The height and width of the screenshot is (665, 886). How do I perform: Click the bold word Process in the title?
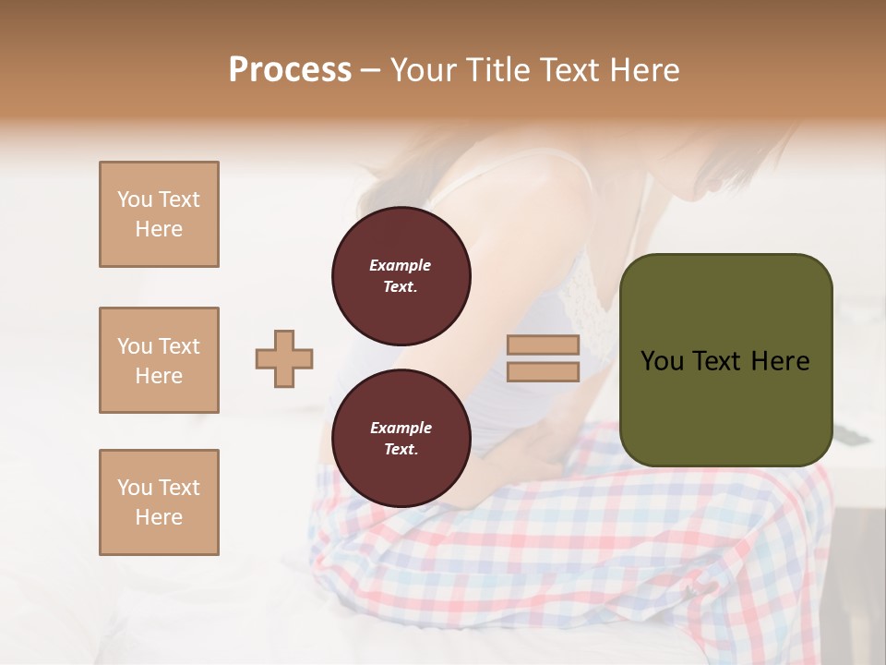[x=290, y=70]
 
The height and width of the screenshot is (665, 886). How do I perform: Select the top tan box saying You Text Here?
[x=159, y=214]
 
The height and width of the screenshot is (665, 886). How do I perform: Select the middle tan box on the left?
[x=159, y=360]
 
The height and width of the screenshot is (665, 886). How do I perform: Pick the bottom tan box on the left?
[x=159, y=502]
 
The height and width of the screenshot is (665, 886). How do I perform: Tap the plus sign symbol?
[x=284, y=358]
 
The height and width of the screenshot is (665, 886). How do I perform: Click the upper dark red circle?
[x=401, y=276]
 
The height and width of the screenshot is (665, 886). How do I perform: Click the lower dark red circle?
[x=401, y=439]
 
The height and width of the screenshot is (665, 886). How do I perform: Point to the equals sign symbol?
[x=544, y=358]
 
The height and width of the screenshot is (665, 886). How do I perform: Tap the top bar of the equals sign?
[x=544, y=345]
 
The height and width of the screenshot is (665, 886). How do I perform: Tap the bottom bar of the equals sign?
[x=544, y=372]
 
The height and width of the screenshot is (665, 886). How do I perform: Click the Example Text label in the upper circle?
[x=401, y=276]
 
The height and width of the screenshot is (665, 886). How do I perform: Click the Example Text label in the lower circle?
[x=401, y=439]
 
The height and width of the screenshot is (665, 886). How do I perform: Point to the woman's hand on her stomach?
[x=517, y=453]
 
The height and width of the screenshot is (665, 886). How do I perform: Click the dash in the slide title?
[x=370, y=71]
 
